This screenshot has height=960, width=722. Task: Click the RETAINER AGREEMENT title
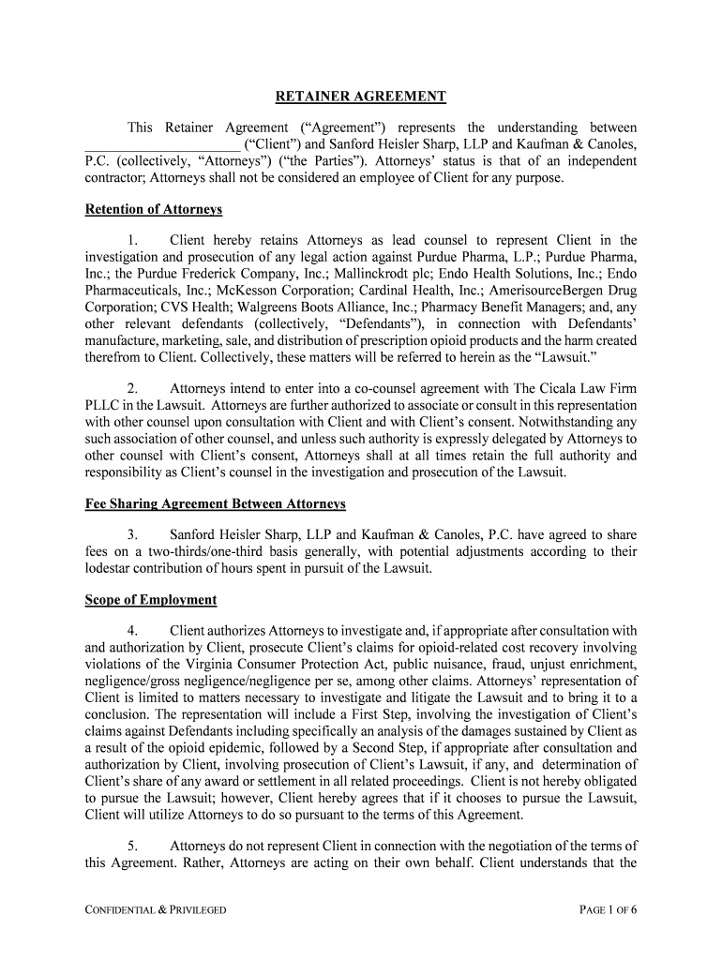pyautogui.click(x=361, y=97)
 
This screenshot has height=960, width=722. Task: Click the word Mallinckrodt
pyautogui.click(x=387, y=274)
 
